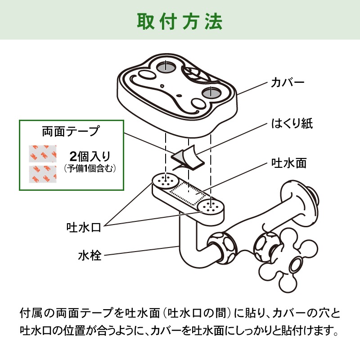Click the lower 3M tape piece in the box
[43, 175]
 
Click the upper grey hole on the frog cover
[166, 67]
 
